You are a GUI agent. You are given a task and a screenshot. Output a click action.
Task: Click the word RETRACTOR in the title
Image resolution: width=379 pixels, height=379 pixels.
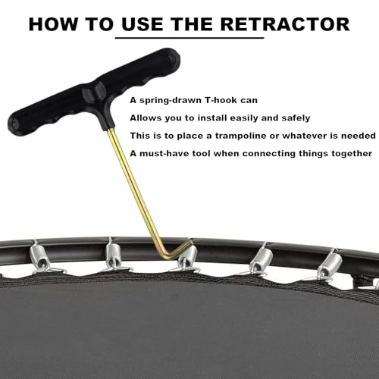pos(285,24)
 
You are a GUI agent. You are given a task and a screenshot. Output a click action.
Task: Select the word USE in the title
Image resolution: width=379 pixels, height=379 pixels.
pos(142,24)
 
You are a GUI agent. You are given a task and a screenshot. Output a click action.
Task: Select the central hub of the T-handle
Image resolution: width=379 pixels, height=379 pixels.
pos(96,92)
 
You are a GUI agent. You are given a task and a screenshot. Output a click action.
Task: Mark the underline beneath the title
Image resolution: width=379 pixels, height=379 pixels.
pos(189,38)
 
